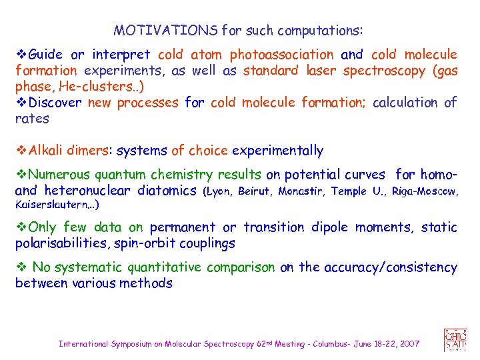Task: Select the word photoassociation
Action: [x=281, y=55]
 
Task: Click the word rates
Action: [x=32, y=119]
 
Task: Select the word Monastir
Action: [x=301, y=191]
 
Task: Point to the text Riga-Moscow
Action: [x=425, y=191]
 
